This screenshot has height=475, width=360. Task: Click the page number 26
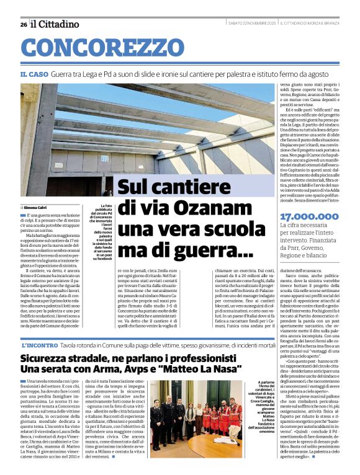click(x=24, y=24)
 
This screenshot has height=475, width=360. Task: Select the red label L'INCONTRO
click(x=40, y=345)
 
